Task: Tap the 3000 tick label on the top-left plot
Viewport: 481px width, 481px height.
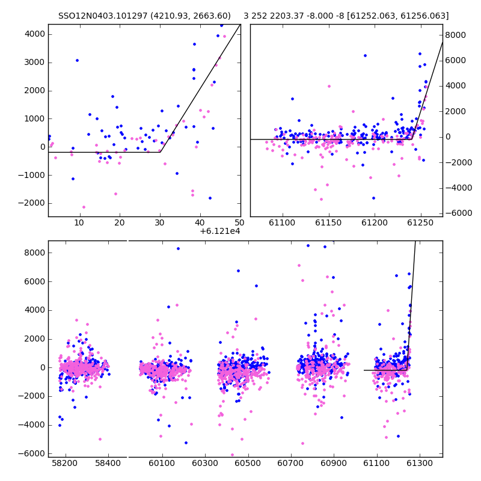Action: pos(35,63)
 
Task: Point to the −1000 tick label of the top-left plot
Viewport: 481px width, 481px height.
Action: pos(32,175)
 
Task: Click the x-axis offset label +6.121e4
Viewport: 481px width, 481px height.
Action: pos(220,231)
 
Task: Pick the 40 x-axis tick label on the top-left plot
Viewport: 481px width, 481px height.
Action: pos(200,222)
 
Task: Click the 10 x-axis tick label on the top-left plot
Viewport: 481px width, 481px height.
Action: pos(79,222)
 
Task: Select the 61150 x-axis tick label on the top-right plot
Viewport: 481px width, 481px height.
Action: pos(328,222)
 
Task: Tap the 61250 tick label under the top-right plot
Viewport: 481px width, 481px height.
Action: pos(420,222)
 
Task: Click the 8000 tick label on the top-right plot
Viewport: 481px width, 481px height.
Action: pos(456,35)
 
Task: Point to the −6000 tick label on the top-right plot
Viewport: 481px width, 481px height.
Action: pos(459,213)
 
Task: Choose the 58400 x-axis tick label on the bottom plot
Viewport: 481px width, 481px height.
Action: pos(108,463)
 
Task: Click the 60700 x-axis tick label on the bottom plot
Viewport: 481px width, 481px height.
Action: pos(290,463)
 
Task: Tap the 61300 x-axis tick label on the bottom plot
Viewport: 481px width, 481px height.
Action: pos(419,463)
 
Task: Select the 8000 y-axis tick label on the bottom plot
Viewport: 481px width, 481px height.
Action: pos(35,253)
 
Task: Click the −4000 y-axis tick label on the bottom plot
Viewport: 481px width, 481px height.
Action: pos(32,425)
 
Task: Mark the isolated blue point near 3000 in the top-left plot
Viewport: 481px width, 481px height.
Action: pos(77,61)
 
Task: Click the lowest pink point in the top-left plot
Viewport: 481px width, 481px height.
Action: pos(84,207)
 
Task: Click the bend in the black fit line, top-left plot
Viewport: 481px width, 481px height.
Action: pos(160,152)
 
